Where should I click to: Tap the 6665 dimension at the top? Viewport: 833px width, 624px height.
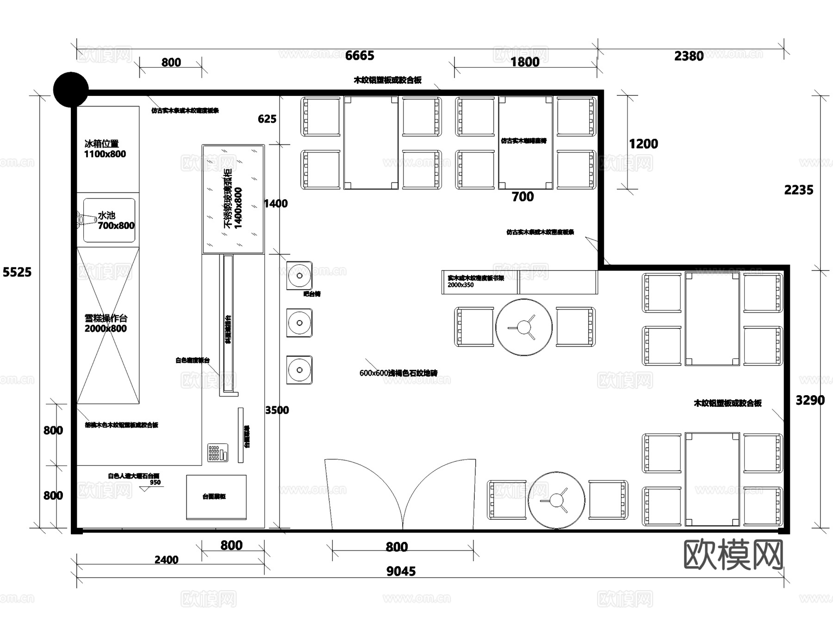click(x=360, y=56)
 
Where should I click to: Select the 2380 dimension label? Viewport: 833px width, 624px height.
click(x=689, y=56)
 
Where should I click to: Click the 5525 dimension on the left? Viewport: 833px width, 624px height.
click(x=17, y=272)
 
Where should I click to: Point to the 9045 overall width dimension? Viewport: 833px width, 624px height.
click(x=401, y=571)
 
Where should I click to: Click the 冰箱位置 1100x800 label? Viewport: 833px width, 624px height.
click(x=105, y=149)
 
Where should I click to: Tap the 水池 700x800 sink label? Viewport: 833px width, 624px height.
click(x=115, y=221)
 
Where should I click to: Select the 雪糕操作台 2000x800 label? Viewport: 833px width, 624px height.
click(x=106, y=323)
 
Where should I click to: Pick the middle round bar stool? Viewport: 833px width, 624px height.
click(x=299, y=322)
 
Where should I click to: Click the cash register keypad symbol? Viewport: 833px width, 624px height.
click(x=217, y=453)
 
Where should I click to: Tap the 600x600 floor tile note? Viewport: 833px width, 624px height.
click(x=398, y=373)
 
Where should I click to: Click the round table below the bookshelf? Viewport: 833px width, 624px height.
click(x=523, y=327)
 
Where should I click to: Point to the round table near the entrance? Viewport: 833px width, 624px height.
click(x=556, y=500)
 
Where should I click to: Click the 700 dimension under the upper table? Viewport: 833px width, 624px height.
click(x=522, y=197)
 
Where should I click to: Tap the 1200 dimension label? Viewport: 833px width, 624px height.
click(x=643, y=144)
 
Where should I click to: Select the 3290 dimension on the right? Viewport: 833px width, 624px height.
click(x=809, y=400)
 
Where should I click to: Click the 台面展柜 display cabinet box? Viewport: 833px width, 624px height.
click(x=216, y=497)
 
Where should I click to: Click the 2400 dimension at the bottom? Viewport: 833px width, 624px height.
click(x=166, y=560)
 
